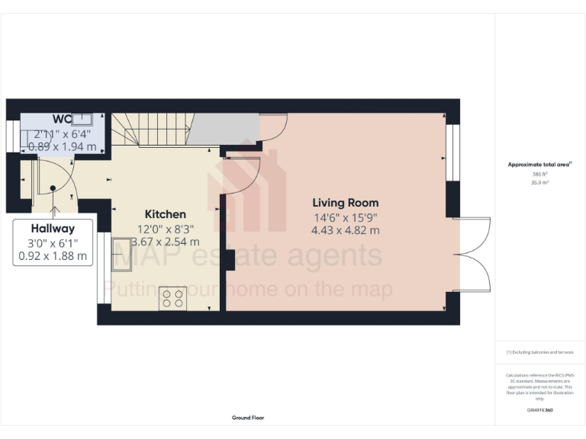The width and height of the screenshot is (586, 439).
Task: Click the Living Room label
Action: click(x=346, y=203)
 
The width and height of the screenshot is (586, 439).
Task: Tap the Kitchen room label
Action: click(x=166, y=214)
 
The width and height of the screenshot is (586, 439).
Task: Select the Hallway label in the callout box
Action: click(x=53, y=228)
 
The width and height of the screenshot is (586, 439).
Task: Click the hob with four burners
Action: click(x=172, y=298)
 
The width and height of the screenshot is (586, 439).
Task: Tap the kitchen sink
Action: click(x=121, y=250)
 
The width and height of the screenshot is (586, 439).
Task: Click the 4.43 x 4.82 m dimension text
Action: click(x=346, y=230)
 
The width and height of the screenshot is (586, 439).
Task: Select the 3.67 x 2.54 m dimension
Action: click(x=166, y=242)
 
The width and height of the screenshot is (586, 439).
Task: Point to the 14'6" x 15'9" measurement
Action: click(x=346, y=216)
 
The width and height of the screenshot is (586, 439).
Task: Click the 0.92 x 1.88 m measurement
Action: click(x=53, y=256)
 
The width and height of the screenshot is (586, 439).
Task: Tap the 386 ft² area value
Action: click(x=540, y=174)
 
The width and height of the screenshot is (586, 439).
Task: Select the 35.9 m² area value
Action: click(x=540, y=181)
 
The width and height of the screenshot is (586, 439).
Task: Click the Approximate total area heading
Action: click(x=539, y=165)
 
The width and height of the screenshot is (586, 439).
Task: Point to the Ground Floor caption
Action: click(x=248, y=418)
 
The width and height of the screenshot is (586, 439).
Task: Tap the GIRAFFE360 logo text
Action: click(x=540, y=410)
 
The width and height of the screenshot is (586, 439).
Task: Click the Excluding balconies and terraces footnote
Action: click(x=540, y=352)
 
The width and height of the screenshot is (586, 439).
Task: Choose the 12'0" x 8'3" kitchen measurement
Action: click(x=166, y=229)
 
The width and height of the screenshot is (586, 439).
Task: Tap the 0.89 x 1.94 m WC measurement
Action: click(x=63, y=146)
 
